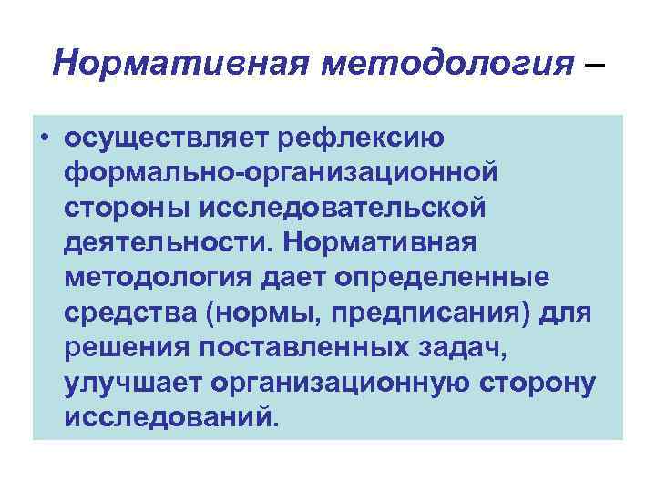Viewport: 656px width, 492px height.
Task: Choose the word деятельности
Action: pyautogui.click(x=164, y=242)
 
